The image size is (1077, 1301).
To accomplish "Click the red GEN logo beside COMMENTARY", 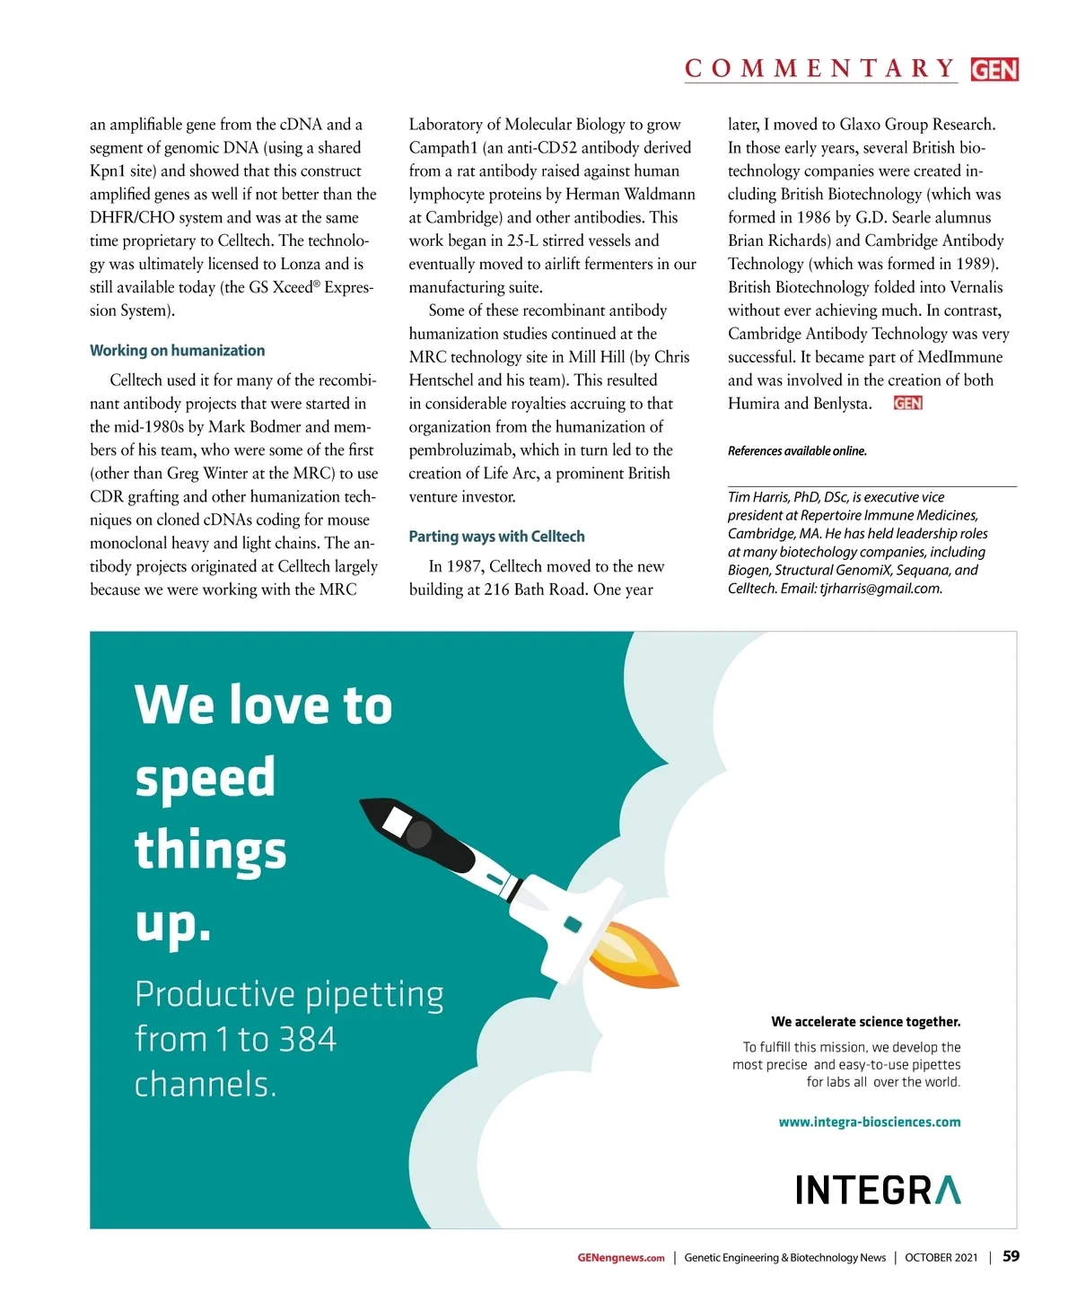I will (994, 69).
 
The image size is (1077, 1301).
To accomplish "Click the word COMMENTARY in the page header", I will (819, 69).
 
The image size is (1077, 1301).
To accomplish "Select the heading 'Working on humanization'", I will (177, 351).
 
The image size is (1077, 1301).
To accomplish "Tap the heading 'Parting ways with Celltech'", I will (496, 537).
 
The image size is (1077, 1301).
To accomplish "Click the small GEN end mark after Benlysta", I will (907, 404).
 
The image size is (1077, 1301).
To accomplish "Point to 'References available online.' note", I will (797, 451).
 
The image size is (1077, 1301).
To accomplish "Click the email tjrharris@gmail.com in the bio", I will (880, 589).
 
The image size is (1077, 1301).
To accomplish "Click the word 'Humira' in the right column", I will (753, 404).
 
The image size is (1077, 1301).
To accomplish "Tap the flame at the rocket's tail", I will (634, 954).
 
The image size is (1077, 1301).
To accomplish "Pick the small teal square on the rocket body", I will (572, 924).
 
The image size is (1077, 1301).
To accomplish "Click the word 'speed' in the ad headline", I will (206, 778).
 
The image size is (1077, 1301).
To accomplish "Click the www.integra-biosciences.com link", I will (869, 1122).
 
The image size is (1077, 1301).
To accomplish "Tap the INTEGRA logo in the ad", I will (877, 1191).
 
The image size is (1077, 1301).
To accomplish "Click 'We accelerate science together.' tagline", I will (865, 1022).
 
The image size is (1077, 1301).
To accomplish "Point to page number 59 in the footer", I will (1011, 1256).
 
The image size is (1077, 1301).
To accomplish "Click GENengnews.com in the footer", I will (621, 1258).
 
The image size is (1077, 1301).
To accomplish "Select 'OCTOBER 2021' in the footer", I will (941, 1258).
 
